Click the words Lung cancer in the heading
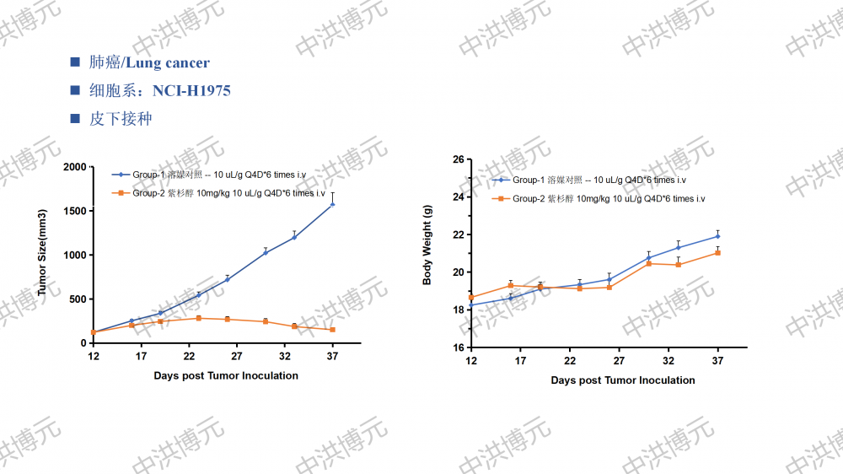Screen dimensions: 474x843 pyautogui.click(x=168, y=62)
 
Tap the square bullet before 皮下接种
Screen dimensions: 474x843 pyautogui.click(x=75, y=119)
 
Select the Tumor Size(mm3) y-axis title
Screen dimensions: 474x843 pyautogui.click(x=42, y=252)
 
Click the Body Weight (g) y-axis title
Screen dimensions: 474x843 pyautogui.click(x=427, y=251)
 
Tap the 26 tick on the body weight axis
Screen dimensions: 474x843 pyautogui.click(x=459, y=159)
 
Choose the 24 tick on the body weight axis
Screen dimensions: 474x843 pyautogui.click(x=459, y=197)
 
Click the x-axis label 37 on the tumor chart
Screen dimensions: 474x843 pyautogui.click(x=332, y=357)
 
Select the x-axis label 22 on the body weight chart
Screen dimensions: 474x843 pyautogui.click(x=570, y=361)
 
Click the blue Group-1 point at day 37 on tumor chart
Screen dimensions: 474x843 pyautogui.click(x=332, y=204)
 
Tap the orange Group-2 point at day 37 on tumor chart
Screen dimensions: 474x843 pyautogui.click(x=332, y=330)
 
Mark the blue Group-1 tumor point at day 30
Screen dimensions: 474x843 pyautogui.click(x=266, y=252)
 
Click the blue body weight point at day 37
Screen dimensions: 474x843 pyautogui.click(x=717, y=236)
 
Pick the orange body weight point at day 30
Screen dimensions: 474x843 pyautogui.click(x=648, y=263)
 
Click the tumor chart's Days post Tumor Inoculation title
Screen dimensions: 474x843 pyautogui.click(x=226, y=375)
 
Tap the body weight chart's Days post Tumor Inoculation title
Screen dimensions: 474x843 pyautogui.click(x=623, y=380)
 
